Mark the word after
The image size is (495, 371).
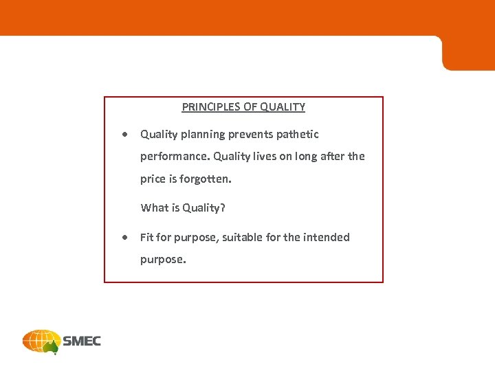[x=333, y=157]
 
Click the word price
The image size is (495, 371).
[x=153, y=179]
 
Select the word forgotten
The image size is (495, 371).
[x=206, y=179]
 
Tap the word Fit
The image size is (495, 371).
[x=146, y=238]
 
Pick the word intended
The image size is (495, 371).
[x=327, y=238]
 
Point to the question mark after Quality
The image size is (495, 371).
[x=223, y=207]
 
